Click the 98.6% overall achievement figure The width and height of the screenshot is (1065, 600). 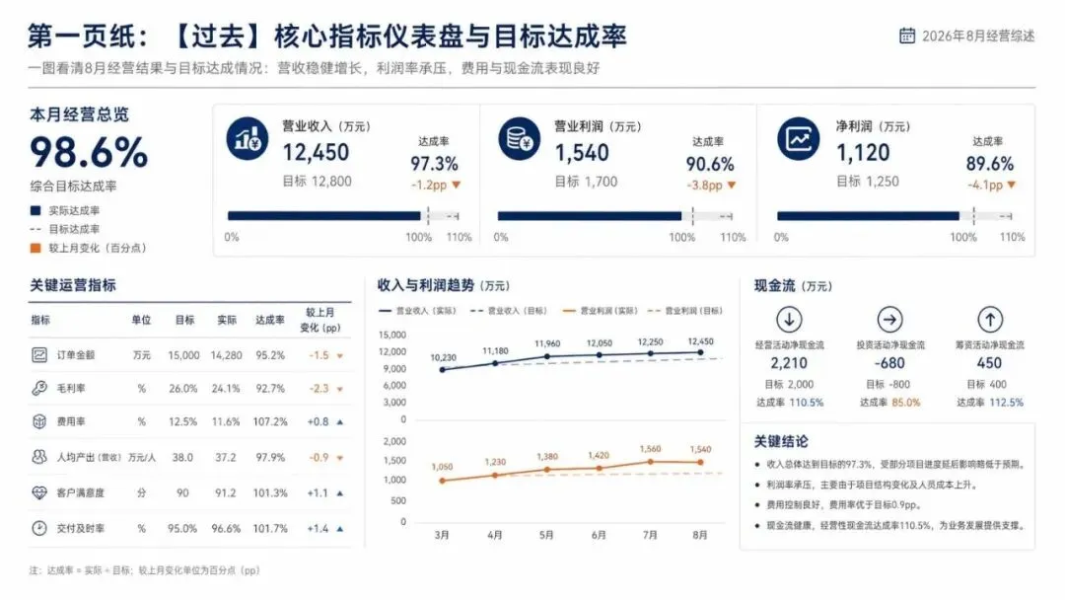pos(89,152)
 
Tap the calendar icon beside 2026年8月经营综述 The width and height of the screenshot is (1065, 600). pos(907,36)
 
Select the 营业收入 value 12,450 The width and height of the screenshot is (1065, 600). pos(316,152)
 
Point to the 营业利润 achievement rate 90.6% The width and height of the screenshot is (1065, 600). pos(710,164)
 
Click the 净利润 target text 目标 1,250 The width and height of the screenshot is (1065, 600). pos(868,182)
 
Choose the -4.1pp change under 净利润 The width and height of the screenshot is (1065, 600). pos(985,185)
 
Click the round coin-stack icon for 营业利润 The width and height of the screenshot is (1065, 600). pos(519,138)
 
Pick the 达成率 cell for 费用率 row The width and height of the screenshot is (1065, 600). pos(270,422)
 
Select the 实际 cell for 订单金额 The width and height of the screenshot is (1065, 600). pos(226,355)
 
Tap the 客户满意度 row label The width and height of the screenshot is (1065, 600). pos(80,492)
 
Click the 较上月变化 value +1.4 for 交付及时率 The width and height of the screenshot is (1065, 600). pos(318,529)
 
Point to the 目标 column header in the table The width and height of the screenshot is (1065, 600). pos(184,320)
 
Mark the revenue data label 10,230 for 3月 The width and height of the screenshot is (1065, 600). pos(444,357)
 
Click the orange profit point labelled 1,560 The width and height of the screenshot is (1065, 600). pos(650,462)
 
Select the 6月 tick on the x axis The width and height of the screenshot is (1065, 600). pos(599,535)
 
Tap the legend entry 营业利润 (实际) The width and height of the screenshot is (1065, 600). pos(601,311)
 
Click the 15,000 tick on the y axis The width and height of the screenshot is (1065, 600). pos(392,335)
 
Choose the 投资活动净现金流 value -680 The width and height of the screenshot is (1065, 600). pos(889,363)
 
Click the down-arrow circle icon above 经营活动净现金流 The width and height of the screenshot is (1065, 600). pos(789,319)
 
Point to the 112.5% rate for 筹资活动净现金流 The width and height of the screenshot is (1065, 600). pos(1006,403)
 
